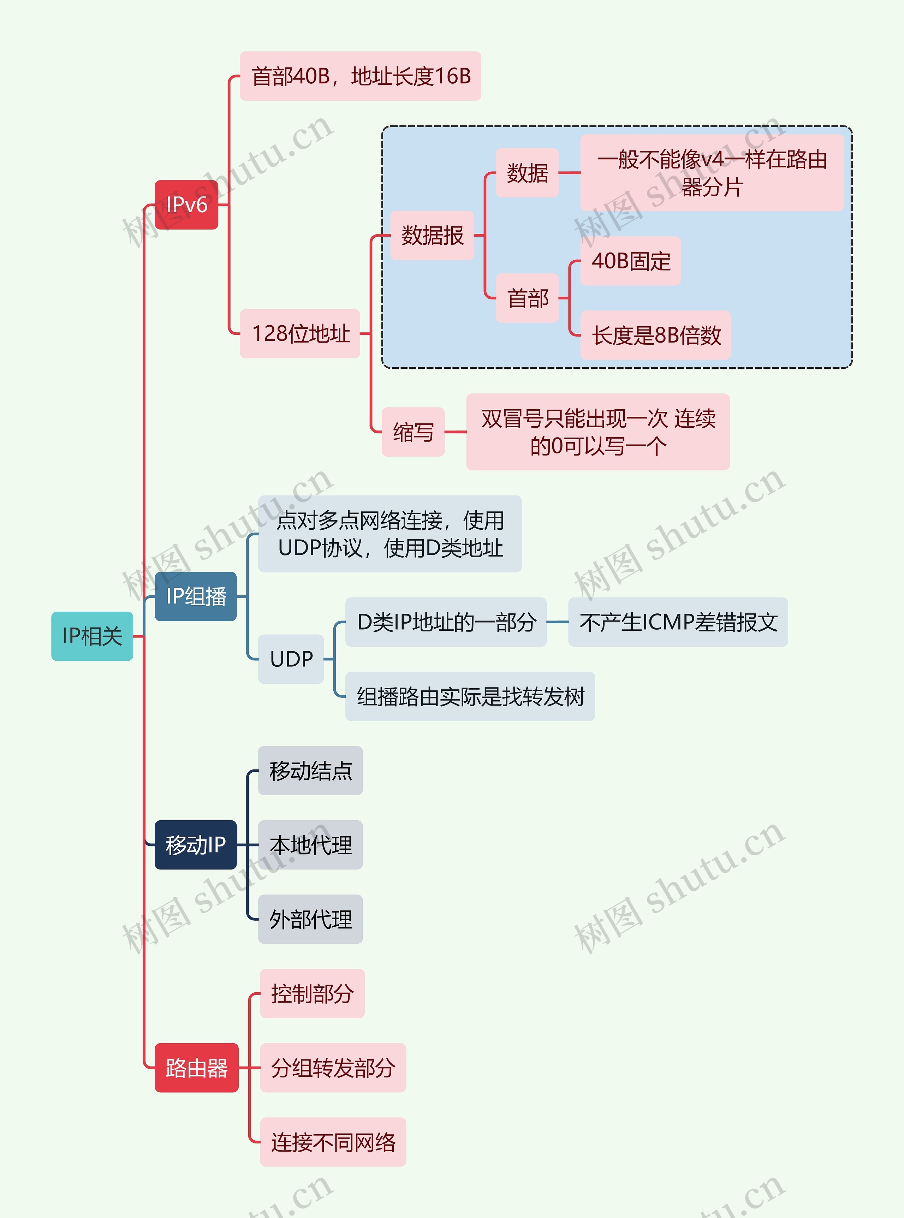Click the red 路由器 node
pos(196,1068)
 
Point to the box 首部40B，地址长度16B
pos(360,76)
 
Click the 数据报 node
pos(432,235)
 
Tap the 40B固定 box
pos(630,261)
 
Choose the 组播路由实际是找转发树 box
pos(470,696)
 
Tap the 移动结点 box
pos(310,771)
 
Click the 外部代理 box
pos(310,919)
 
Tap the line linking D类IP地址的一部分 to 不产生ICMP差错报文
pos(557,622)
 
